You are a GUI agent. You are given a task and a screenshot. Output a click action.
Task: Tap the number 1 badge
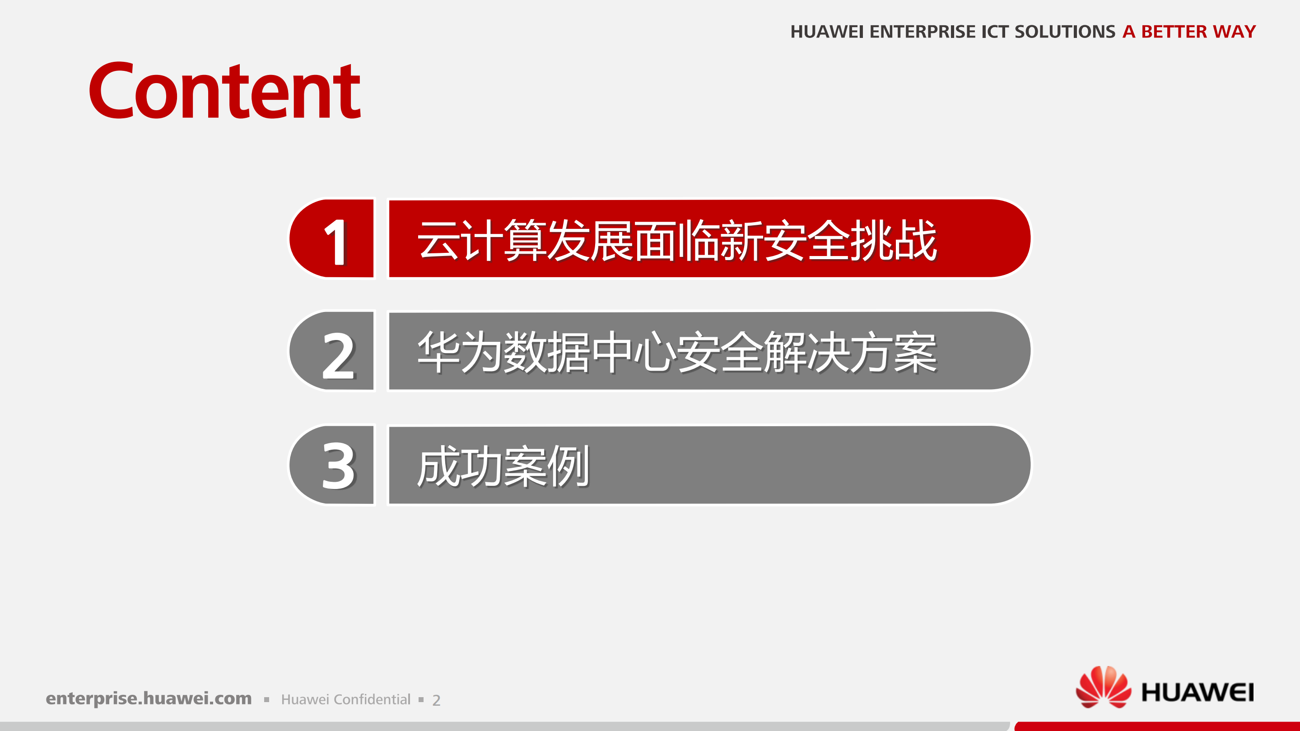tap(331, 238)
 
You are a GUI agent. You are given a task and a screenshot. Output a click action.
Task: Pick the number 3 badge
tap(331, 465)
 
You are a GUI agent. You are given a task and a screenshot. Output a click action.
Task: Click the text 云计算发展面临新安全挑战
tap(677, 240)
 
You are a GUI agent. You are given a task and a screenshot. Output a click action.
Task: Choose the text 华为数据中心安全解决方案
tap(677, 353)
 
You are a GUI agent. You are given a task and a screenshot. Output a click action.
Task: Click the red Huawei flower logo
tap(1103, 687)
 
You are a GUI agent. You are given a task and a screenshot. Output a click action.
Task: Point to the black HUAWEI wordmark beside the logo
tap(1197, 692)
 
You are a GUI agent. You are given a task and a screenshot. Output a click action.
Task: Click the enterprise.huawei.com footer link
tap(149, 698)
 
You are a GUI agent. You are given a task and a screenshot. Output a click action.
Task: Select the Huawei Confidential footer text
tap(346, 699)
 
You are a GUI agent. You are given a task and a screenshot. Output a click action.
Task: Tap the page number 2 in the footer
tap(437, 700)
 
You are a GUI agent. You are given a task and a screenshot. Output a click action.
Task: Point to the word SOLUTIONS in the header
tap(1065, 32)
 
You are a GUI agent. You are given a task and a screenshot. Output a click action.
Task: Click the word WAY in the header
tap(1235, 32)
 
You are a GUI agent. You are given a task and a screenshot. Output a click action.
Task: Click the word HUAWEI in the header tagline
tap(827, 32)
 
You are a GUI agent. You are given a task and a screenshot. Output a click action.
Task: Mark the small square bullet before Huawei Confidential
tap(266, 700)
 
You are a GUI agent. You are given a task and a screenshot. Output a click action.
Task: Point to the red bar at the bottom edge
tap(1157, 726)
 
